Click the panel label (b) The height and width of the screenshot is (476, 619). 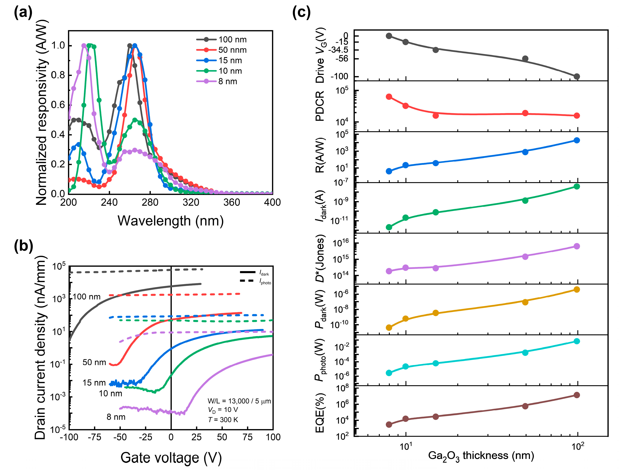(x=23, y=246)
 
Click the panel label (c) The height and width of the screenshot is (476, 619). (x=301, y=13)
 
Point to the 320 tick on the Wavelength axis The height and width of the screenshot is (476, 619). (x=191, y=202)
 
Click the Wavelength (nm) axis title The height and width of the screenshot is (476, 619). (x=171, y=221)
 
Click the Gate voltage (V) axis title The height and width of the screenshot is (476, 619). (x=171, y=458)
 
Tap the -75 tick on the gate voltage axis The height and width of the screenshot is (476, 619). (x=94, y=437)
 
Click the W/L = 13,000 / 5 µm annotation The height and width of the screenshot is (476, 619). (x=239, y=401)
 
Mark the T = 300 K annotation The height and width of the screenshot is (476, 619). (x=223, y=420)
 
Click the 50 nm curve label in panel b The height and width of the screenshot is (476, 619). (x=94, y=362)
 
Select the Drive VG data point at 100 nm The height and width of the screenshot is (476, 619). (x=576, y=77)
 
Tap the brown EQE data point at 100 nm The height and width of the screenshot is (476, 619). (x=576, y=395)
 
